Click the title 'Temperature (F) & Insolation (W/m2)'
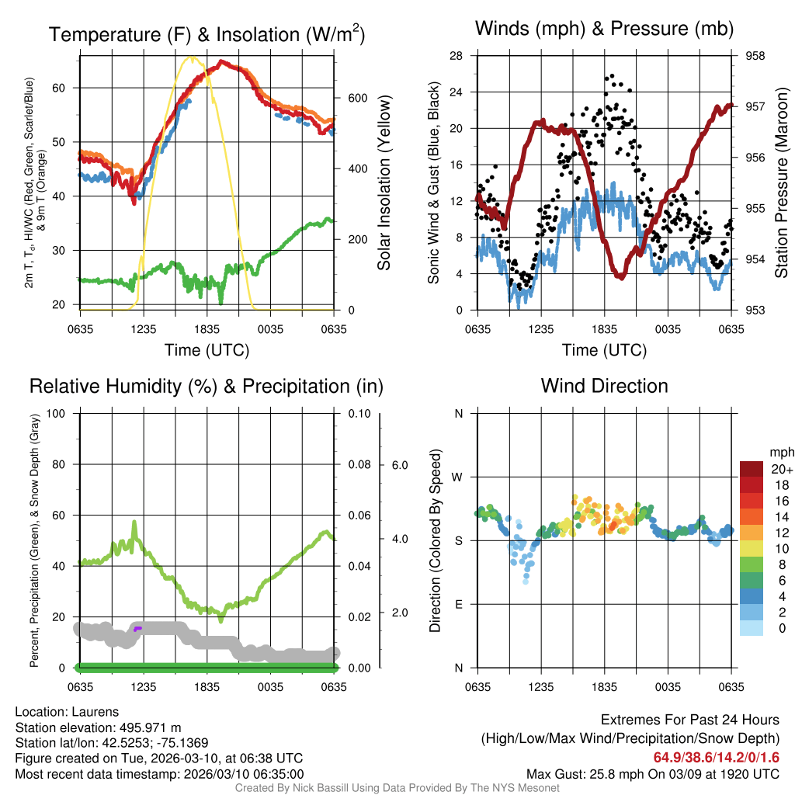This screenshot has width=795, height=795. point(207,34)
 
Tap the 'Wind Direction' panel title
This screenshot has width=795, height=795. point(604,386)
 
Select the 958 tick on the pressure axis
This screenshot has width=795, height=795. point(754,56)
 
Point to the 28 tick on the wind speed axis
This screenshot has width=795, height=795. point(456,56)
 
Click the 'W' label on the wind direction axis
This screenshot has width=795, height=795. point(458,477)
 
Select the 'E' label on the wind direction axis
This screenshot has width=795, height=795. point(458,604)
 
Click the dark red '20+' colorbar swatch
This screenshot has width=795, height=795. point(753,469)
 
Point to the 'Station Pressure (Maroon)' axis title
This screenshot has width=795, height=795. point(782,183)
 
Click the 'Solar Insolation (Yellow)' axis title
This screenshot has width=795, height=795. point(384,183)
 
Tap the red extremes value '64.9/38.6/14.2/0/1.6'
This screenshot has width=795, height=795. point(716,757)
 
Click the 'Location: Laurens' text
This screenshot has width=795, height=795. point(66,712)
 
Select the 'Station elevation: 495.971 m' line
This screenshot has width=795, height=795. point(98,727)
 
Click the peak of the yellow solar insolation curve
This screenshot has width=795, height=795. point(189,57)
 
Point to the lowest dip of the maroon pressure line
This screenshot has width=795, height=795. point(620,276)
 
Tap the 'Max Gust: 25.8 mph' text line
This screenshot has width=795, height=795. point(652,773)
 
